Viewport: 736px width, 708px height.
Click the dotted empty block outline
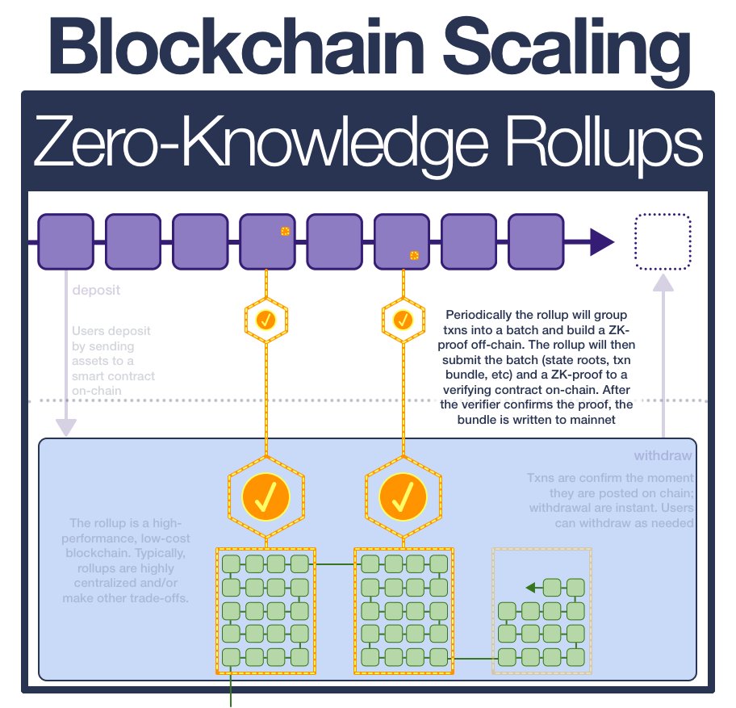click(663, 241)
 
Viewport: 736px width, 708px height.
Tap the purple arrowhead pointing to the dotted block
click(601, 241)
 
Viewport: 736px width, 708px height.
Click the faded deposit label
click(96, 290)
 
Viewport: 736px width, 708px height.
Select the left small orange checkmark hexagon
click(266, 320)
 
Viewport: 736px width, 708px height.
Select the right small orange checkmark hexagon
click(401, 320)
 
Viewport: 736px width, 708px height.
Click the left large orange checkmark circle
click(266, 494)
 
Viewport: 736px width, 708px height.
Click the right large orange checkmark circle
click(401, 494)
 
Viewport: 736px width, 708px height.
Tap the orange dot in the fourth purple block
click(285, 231)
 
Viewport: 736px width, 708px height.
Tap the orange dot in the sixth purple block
click(414, 255)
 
